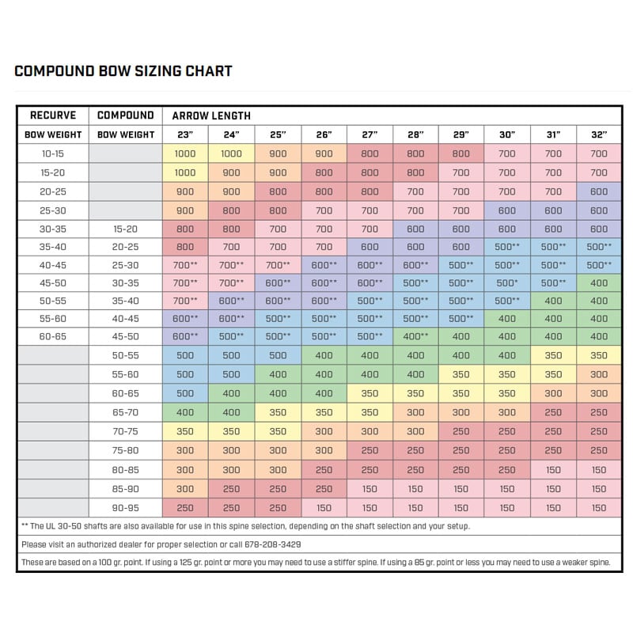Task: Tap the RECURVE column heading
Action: (x=52, y=116)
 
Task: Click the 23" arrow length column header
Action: (x=184, y=135)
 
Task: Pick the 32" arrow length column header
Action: (x=599, y=135)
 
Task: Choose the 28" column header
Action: (x=415, y=135)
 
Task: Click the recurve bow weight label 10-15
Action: (x=52, y=154)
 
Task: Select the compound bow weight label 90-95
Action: (x=125, y=508)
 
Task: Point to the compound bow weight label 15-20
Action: (x=125, y=229)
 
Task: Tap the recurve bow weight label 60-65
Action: (x=52, y=337)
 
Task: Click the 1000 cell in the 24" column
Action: (x=231, y=154)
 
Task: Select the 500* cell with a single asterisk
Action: (x=507, y=282)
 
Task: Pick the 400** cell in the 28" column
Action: (x=415, y=337)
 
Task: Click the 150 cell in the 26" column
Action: (x=324, y=508)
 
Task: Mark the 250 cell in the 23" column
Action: (x=184, y=508)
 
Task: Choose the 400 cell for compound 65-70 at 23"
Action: (x=184, y=412)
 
